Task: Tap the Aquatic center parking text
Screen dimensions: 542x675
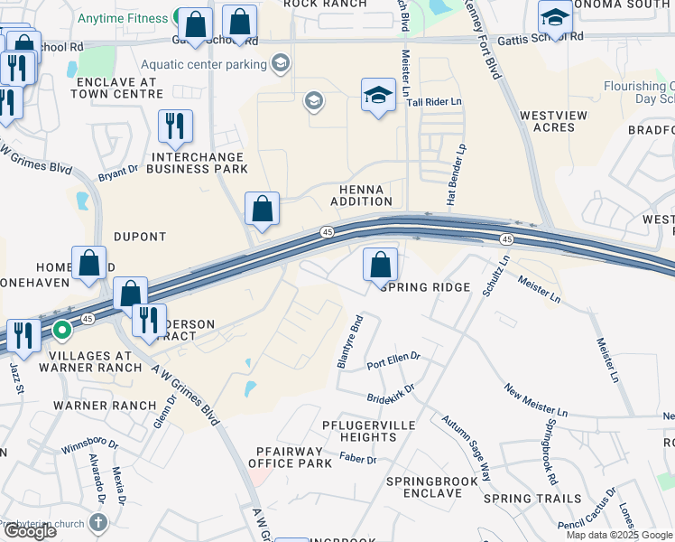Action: [204, 64]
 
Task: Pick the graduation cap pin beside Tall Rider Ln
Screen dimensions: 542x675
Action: [378, 95]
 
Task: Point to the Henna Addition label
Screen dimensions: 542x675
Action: [361, 195]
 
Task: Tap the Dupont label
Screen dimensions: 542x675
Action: [140, 237]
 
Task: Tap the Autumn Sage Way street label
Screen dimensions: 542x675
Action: [467, 446]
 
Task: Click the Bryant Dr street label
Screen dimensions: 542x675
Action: [118, 170]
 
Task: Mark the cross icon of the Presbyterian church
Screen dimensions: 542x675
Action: [99, 522]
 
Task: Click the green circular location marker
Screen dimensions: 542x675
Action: [61, 331]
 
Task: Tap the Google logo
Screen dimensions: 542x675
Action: [29, 531]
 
